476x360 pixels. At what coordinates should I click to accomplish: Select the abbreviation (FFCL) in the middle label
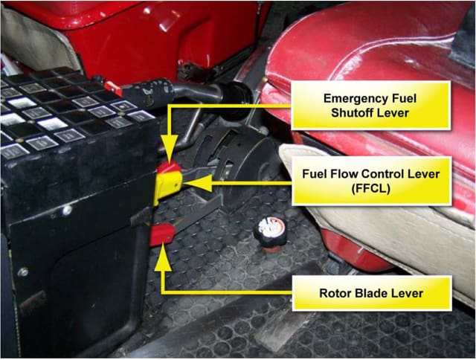tap(370, 189)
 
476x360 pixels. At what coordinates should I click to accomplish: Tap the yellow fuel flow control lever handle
tap(167, 187)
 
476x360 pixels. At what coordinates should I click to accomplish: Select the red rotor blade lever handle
tap(162, 234)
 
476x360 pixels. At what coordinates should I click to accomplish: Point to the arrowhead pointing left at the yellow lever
tap(197, 183)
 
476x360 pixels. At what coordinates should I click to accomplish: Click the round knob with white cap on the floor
tap(269, 232)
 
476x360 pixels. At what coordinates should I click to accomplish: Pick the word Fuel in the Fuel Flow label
tap(313, 174)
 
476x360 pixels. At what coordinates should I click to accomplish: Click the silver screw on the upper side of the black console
tap(66, 210)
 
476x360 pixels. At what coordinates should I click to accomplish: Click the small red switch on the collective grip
tap(113, 88)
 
